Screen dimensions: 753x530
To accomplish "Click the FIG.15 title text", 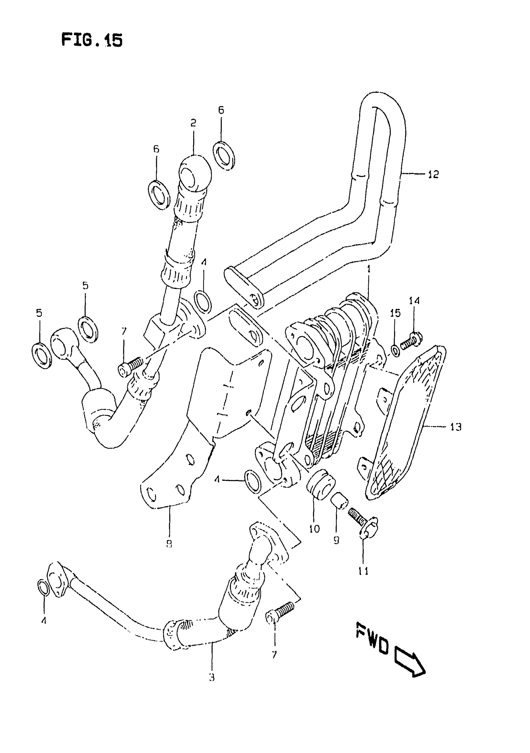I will click(x=92, y=40).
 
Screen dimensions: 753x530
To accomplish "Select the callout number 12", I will click(x=433, y=175).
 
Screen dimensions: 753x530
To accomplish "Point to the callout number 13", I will click(x=455, y=427).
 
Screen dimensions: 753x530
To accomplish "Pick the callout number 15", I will click(x=395, y=314).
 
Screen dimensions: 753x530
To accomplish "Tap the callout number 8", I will click(x=169, y=544).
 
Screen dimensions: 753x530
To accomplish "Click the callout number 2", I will click(x=193, y=123).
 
